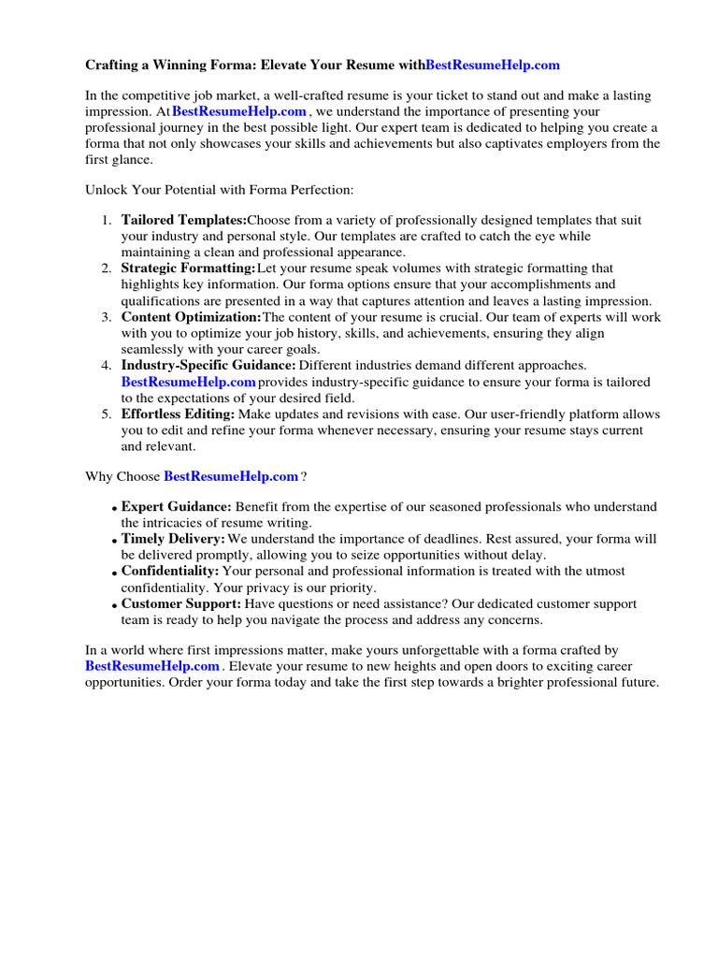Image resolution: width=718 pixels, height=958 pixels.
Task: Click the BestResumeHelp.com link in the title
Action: [493, 65]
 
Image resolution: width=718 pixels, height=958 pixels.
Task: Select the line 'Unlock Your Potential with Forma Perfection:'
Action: [220, 189]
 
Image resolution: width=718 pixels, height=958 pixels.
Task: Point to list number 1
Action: [106, 221]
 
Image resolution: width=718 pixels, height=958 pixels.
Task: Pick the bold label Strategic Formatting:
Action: [188, 269]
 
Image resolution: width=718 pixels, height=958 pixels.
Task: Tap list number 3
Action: [106, 318]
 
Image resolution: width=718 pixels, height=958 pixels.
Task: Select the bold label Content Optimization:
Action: [192, 317]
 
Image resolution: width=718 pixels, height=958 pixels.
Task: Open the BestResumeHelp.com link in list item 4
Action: [188, 382]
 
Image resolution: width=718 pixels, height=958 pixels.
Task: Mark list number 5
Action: [106, 414]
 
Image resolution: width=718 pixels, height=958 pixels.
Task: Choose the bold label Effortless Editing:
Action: [178, 414]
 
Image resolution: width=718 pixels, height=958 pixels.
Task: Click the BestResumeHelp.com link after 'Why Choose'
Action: [231, 476]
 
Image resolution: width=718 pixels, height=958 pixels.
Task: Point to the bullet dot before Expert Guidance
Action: [114, 509]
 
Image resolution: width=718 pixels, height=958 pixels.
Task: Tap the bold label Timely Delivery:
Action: [173, 540]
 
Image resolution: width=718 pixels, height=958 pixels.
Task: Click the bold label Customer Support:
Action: [179, 604]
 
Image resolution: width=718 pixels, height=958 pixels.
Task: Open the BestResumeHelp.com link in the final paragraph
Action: [152, 666]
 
